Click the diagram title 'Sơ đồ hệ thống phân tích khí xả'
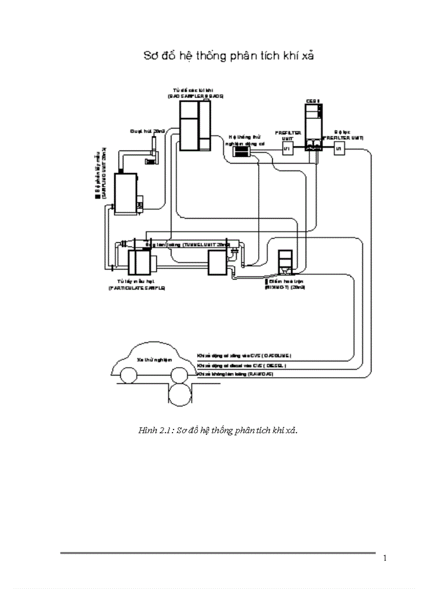coord(229,56)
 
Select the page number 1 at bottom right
coord(384,558)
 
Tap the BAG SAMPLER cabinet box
coord(195,125)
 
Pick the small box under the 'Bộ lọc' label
coord(338,149)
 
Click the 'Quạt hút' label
coord(141,131)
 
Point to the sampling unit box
coord(126,192)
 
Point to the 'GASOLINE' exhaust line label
coord(244,355)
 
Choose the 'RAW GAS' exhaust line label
coord(235,374)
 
